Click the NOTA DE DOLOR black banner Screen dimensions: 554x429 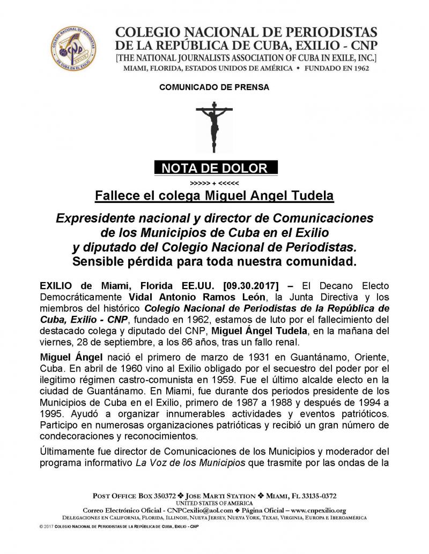[214, 169]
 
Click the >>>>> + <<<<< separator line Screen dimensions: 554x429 [214, 182]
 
